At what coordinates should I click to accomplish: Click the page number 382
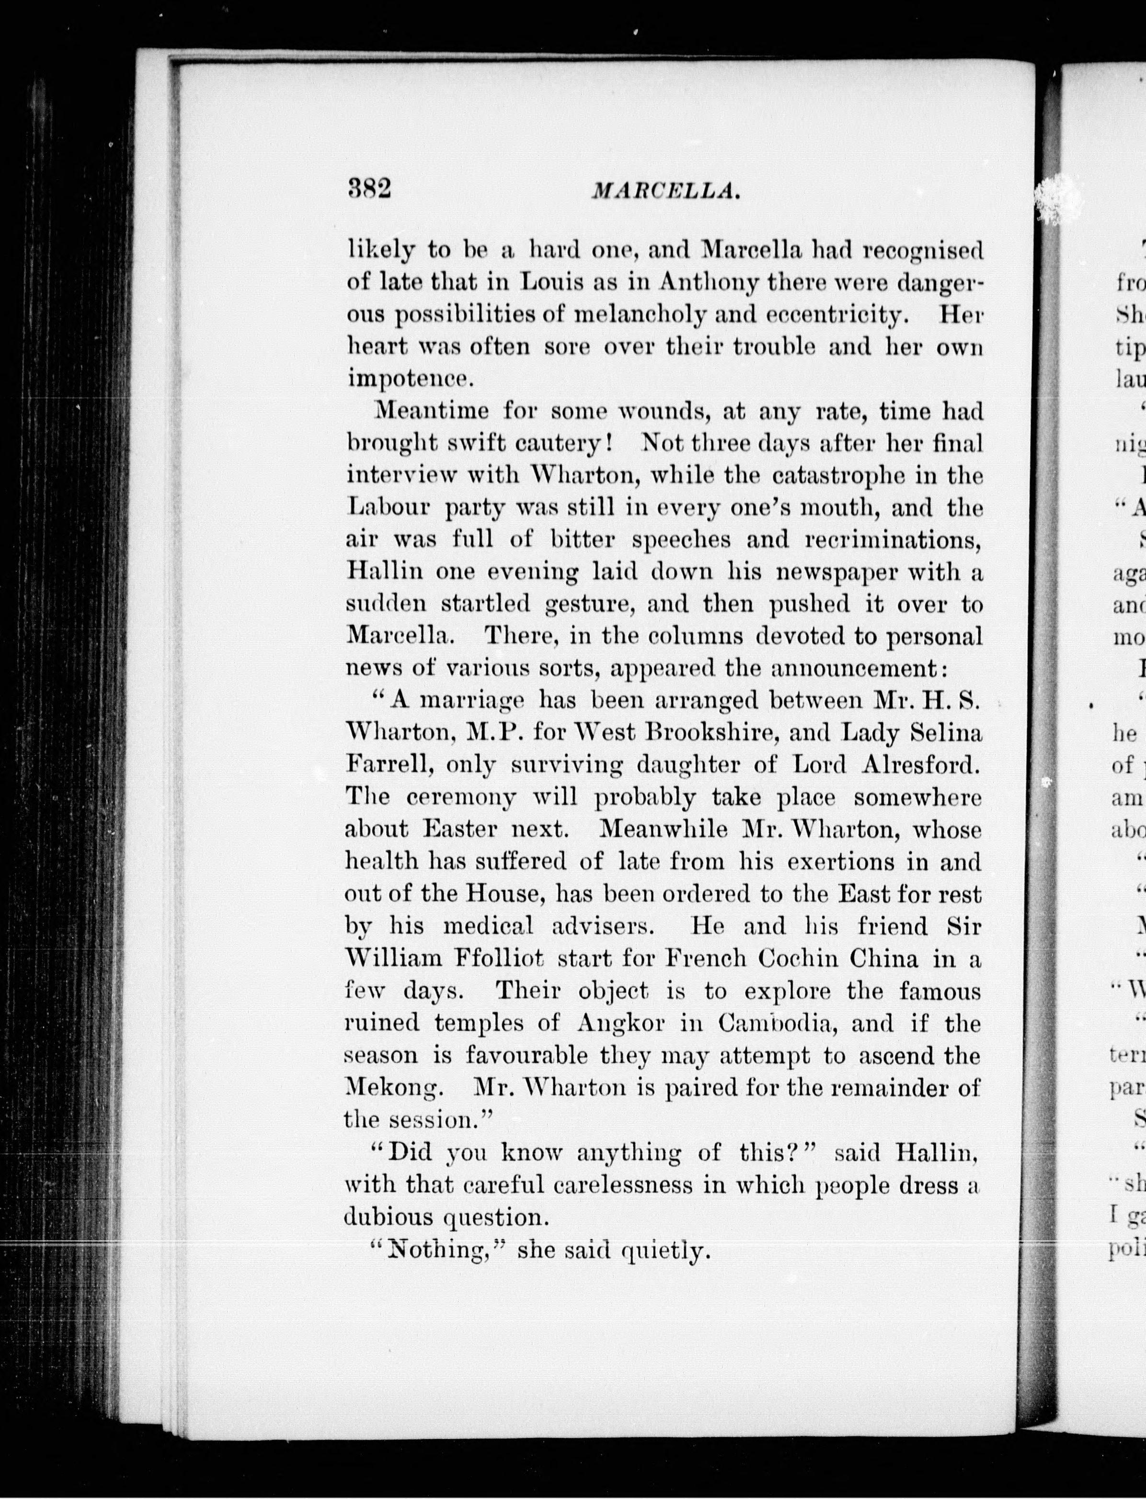click(368, 188)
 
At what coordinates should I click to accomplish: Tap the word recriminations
click(894, 540)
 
